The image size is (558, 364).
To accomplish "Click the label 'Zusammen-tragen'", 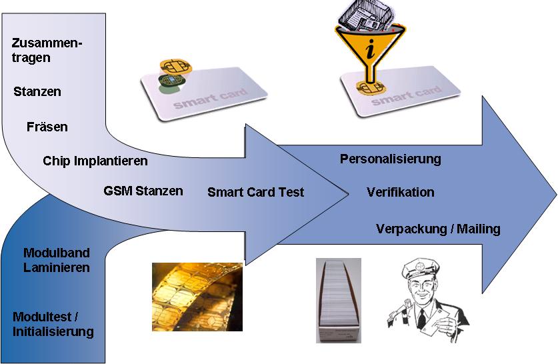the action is (47, 50).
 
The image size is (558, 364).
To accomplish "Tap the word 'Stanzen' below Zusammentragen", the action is (37, 92).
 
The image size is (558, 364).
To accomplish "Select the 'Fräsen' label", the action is (47, 127).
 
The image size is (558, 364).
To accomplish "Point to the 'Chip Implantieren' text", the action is (95, 161).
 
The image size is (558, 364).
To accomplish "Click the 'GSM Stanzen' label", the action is (143, 191).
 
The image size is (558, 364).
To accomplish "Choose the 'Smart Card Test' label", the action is (256, 192).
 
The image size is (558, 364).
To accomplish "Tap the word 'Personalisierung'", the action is (391, 159).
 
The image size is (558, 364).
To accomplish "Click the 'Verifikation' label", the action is (401, 193).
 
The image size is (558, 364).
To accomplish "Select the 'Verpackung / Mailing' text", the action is (439, 229).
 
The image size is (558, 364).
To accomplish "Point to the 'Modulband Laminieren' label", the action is (57, 260).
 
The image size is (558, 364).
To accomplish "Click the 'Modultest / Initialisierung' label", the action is (53, 324).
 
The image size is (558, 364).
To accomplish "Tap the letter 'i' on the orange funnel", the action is (371, 49).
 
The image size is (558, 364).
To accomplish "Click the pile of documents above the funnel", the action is (366, 15).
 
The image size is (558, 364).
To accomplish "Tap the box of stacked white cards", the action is (339, 301).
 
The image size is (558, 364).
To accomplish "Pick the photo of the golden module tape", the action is (197, 297).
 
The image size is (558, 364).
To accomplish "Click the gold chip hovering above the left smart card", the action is (176, 67).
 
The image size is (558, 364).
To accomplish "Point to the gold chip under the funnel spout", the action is (370, 87).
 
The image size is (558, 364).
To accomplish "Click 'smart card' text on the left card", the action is (210, 99).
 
